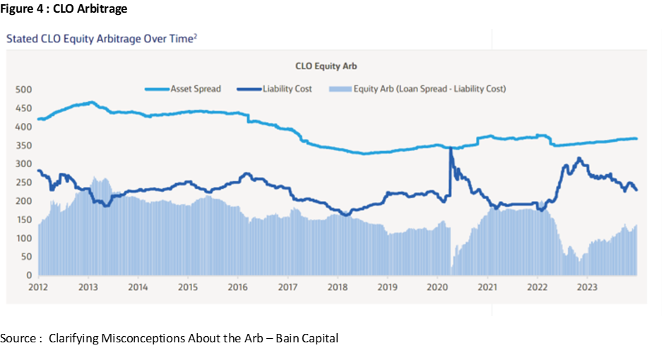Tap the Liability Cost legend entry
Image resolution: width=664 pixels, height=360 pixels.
click(287, 89)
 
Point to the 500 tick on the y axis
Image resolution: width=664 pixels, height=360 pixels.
click(25, 90)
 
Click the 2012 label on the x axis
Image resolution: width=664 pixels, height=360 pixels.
click(38, 287)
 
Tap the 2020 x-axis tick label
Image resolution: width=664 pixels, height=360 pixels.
click(437, 287)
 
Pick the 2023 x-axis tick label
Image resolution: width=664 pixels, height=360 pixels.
click(587, 287)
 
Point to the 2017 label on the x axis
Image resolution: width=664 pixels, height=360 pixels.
click(287, 287)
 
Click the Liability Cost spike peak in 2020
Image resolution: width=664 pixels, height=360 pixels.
click(450, 148)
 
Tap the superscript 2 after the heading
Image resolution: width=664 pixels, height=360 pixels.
click(195, 36)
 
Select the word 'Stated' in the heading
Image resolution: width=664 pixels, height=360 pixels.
click(20, 40)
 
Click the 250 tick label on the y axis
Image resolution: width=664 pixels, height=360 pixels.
click(25, 183)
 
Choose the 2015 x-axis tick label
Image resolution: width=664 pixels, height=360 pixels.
click(187, 287)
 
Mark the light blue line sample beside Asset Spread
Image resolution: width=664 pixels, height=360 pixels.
click(157, 89)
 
